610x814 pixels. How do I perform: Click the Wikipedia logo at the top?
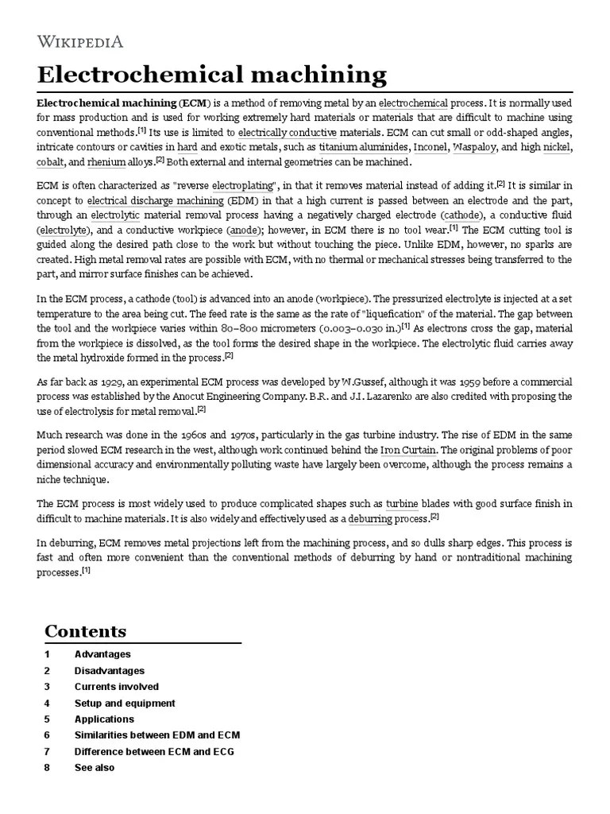pos(80,41)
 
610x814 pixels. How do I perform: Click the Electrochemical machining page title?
pos(212,76)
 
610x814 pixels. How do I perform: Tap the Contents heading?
pos(85,632)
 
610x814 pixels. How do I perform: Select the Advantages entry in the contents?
pos(102,654)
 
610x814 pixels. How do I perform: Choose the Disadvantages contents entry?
pos(110,671)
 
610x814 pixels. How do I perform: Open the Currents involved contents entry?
pos(117,687)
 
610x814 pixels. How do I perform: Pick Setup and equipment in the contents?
pos(125,704)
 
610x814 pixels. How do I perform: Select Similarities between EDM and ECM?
pos(157,735)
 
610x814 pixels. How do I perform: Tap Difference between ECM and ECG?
pos(154,751)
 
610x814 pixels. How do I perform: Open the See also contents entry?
pos(95,768)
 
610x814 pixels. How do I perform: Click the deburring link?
pos(370,519)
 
